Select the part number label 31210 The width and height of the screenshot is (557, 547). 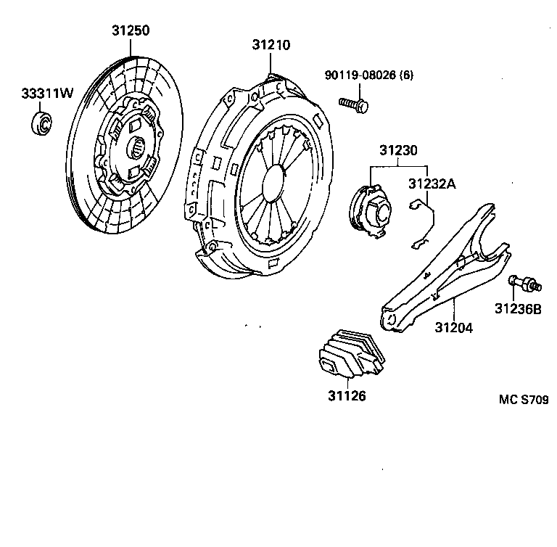click(271, 45)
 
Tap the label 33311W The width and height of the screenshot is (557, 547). click(47, 94)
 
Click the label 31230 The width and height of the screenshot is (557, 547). click(398, 151)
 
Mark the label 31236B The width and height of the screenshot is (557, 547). click(518, 308)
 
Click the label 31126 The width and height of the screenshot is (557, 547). click(346, 396)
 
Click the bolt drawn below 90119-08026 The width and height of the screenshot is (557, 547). click(354, 104)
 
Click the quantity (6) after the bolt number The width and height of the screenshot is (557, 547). click(405, 74)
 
